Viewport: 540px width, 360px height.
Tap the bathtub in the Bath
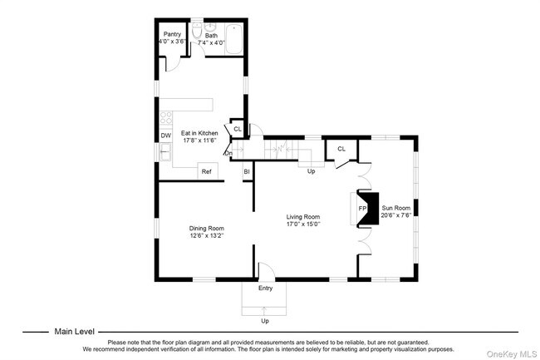pos(232,38)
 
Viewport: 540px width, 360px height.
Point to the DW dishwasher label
pos(165,136)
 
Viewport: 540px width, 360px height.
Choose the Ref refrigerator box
pos(206,171)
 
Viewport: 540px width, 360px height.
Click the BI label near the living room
pos(247,172)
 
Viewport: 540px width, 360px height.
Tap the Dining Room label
pos(206,228)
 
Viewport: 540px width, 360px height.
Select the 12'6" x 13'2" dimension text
pos(206,236)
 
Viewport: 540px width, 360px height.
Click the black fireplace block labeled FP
pos(367,208)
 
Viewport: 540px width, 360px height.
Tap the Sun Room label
pos(395,207)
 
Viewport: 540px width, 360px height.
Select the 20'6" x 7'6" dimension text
pos(395,215)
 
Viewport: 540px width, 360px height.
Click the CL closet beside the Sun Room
pos(341,149)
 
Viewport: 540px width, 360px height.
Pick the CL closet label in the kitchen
pos(237,129)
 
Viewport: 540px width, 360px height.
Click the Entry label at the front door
pos(265,288)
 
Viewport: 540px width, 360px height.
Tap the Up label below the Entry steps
pos(265,320)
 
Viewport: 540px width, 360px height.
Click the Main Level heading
pos(74,331)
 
